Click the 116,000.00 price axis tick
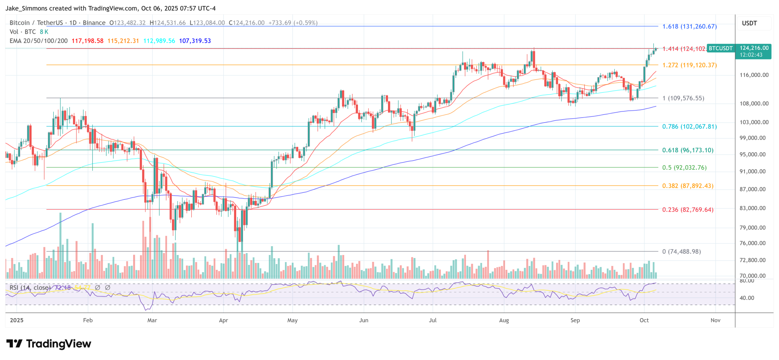754,75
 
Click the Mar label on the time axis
152,320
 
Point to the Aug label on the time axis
504,320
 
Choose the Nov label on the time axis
715,320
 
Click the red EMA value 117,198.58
87,41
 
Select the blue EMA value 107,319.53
195,41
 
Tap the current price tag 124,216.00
754,48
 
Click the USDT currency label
749,23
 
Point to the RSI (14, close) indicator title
30,288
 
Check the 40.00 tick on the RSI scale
747,298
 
